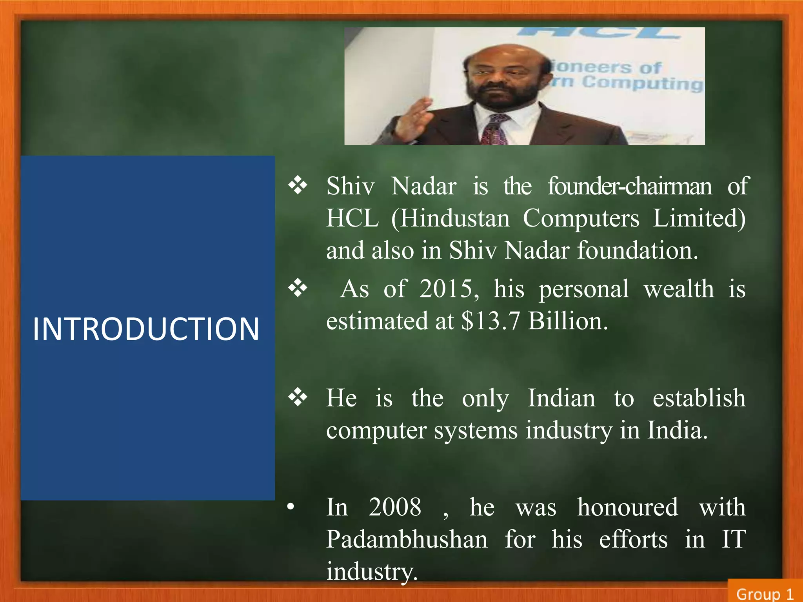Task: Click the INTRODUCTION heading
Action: coord(146,329)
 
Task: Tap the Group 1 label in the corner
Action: coord(764,594)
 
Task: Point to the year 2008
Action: coord(394,507)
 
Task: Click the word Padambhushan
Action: coord(407,539)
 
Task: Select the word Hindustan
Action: coord(455,218)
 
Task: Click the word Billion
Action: coord(568,321)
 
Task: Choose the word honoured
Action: coord(627,507)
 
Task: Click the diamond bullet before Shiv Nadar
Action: coord(298,185)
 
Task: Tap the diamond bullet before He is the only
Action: coord(298,398)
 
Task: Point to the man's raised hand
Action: coord(412,118)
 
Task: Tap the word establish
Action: coord(699,398)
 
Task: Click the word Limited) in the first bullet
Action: coord(699,218)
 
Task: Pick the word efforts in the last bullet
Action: coord(633,539)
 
